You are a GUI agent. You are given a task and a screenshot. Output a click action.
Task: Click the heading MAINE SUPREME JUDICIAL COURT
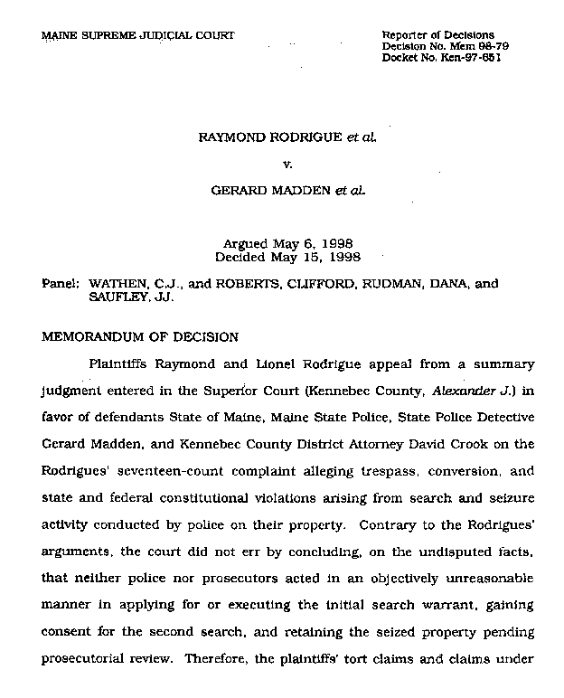[138, 35]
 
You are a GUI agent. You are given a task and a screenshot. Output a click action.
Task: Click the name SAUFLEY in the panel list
[117, 296]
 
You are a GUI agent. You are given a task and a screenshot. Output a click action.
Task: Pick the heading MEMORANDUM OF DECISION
[140, 337]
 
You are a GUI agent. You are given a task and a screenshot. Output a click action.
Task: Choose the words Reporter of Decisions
[438, 34]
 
